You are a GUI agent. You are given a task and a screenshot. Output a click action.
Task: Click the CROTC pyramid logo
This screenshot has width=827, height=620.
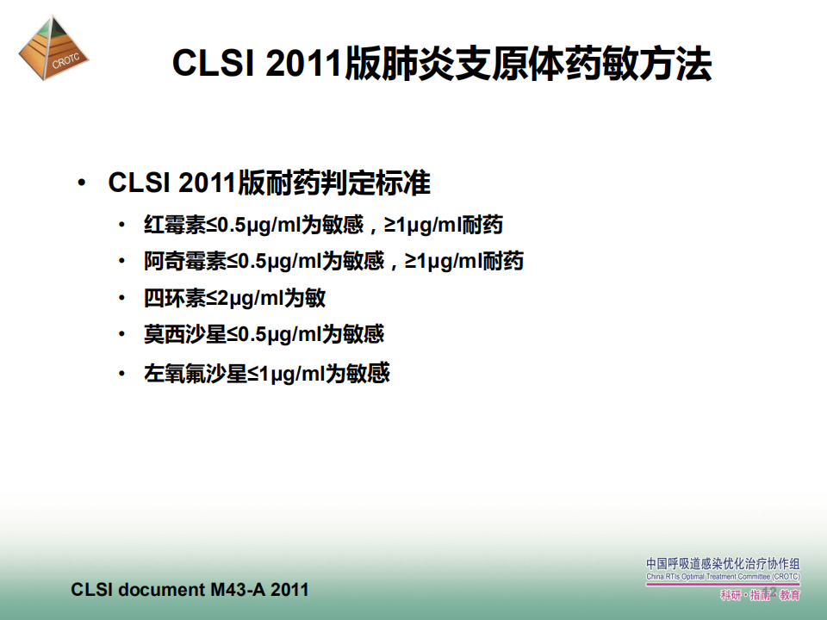(53, 47)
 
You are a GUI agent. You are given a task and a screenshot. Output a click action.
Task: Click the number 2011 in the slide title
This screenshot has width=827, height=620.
(304, 64)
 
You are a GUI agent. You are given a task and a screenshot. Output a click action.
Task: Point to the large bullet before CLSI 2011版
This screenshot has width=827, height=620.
(81, 183)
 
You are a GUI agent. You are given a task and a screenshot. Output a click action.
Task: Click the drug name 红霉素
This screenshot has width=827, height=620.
(175, 225)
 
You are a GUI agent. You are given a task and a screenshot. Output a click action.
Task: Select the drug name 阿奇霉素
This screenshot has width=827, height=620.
(185, 261)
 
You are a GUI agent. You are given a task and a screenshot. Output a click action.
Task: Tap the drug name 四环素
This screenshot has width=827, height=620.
(175, 298)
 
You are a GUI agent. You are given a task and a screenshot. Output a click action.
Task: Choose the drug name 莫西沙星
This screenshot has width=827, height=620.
(185, 334)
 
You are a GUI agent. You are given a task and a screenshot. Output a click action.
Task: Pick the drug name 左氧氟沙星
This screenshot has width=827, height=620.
(196, 373)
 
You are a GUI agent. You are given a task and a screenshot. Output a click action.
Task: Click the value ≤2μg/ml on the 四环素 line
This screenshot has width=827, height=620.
(245, 299)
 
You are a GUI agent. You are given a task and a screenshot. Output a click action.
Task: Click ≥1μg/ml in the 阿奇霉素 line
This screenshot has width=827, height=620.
(443, 262)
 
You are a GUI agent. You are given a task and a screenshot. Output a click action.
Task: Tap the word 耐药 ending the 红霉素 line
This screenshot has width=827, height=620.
(482, 225)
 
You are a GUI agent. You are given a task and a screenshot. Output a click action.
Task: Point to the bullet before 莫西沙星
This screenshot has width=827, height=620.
(121, 334)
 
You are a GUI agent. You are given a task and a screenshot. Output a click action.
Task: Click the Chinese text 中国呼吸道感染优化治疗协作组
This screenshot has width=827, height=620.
(723, 563)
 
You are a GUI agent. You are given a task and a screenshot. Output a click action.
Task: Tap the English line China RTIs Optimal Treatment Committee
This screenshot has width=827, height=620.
(723, 577)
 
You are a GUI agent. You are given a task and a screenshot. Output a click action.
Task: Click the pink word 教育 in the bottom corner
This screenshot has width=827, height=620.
(790, 595)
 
